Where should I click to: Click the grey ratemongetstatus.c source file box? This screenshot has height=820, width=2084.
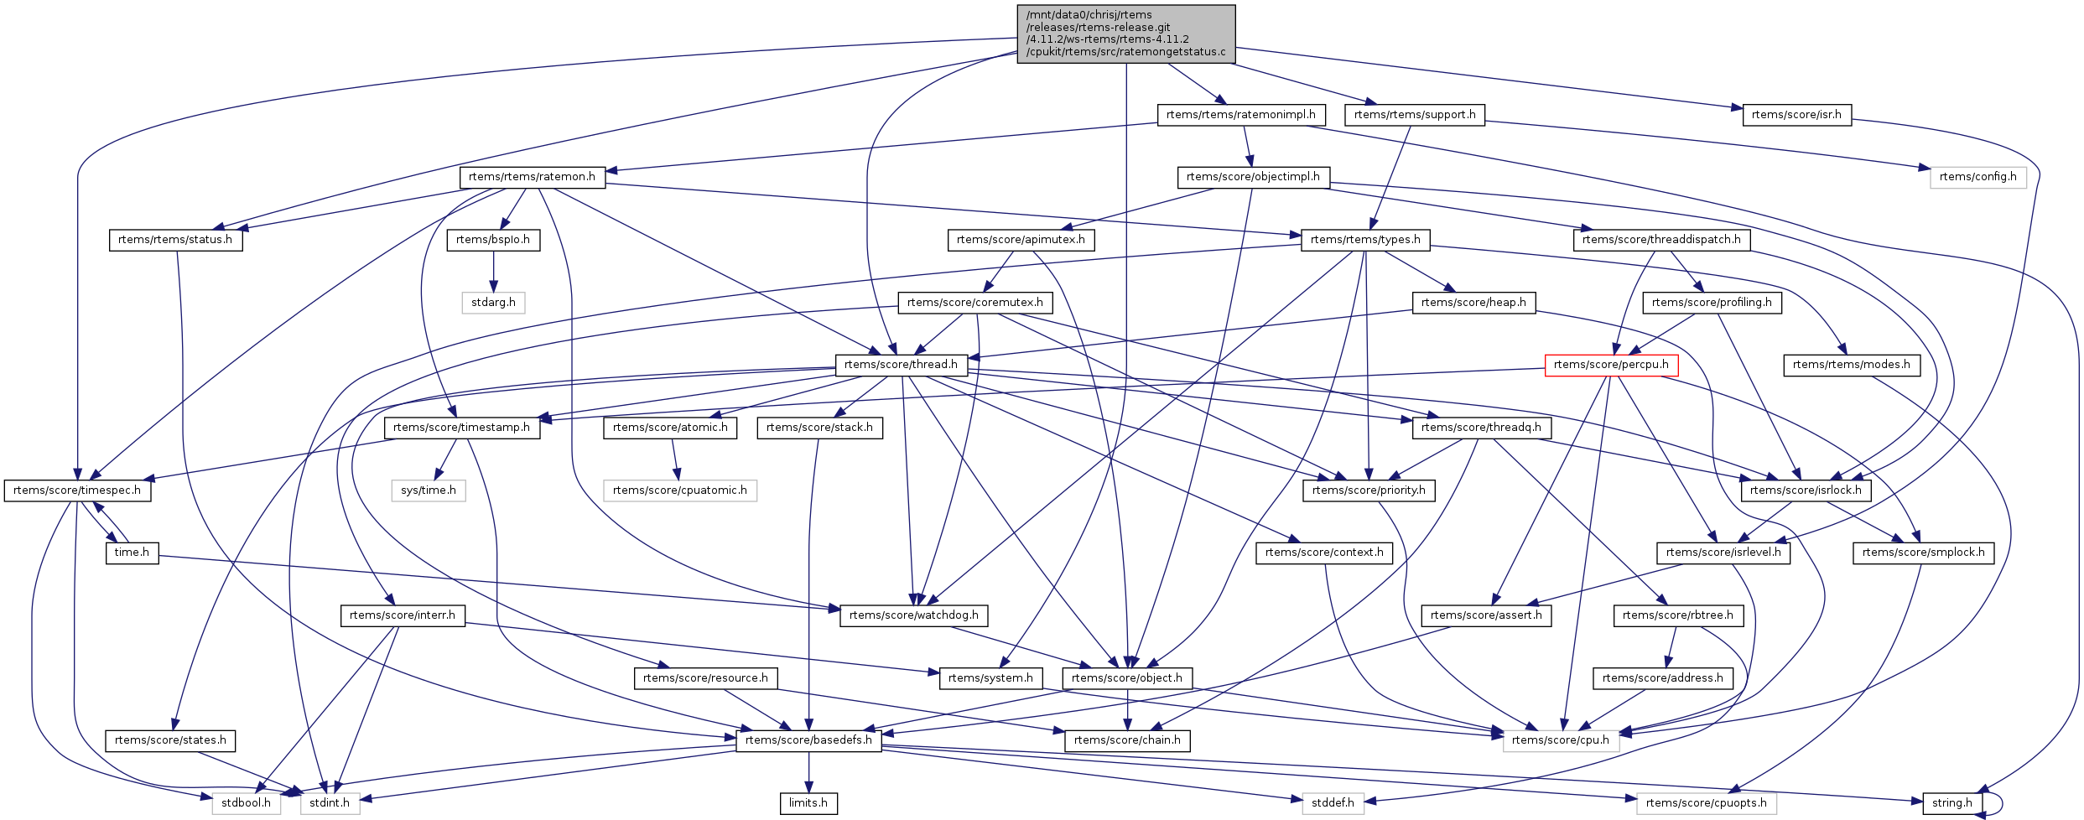[1125, 34]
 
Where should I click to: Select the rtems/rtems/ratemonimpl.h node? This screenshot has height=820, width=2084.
[1240, 115]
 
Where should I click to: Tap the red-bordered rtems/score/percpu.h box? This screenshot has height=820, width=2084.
[1611, 365]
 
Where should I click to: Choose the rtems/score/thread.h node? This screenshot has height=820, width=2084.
[901, 365]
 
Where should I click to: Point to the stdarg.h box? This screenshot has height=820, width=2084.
[493, 302]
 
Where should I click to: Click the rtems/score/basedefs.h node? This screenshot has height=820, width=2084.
[808, 740]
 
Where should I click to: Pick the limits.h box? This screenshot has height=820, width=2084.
[808, 802]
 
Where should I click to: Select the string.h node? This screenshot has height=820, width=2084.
[1951, 802]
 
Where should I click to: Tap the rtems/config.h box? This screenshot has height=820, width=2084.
[1977, 177]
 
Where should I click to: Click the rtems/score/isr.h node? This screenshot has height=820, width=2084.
[1796, 115]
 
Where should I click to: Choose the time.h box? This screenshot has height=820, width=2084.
[132, 553]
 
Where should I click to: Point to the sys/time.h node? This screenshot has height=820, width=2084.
[428, 490]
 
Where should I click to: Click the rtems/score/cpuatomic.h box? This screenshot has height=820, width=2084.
[679, 490]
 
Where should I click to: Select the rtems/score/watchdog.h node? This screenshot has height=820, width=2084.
[913, 615]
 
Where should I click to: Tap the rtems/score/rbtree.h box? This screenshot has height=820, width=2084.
[1677, 615]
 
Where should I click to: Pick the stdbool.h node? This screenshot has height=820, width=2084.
[246, 802]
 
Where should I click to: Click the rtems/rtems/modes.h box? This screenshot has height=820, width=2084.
[1851, 365]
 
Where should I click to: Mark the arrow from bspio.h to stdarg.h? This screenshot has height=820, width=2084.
[493, 271]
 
